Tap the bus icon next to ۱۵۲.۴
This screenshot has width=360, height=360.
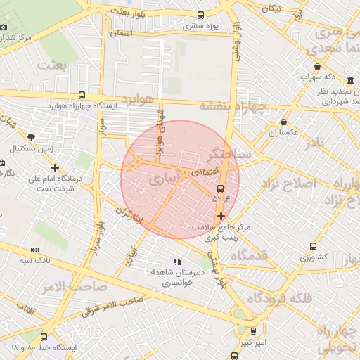[221, 188]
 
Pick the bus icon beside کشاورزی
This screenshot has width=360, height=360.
[313, 247]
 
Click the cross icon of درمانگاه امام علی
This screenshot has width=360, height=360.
[55, 167]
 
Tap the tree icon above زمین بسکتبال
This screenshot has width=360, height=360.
[30, 137]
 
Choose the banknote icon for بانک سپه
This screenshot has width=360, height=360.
[34, 250]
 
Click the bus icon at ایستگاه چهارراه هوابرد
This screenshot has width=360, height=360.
[82, 96]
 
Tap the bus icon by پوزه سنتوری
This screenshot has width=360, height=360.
[200, 15]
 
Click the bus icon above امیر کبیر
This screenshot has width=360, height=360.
[253, 330]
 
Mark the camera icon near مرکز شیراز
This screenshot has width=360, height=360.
[4, 27]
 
